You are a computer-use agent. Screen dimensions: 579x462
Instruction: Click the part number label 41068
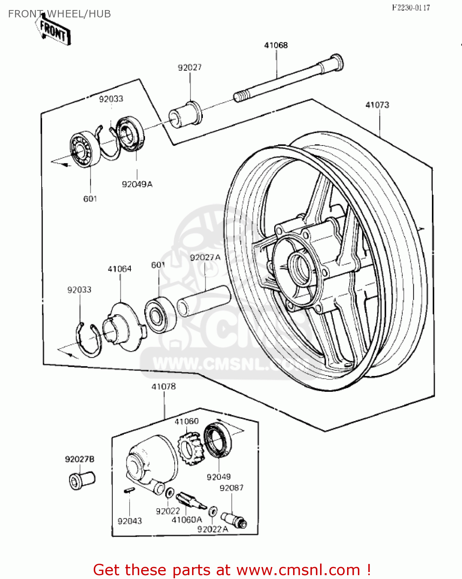click(x=276, y=45)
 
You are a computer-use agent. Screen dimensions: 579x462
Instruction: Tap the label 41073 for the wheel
click(x=377, y=105)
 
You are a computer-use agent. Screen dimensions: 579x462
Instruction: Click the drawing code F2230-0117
click(x=411, y=8)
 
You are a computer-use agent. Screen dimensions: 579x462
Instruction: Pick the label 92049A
click(x=137, y=185)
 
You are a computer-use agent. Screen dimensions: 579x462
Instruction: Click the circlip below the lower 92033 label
click(x=89, y=340)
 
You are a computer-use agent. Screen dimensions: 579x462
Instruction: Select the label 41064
click(x=120, y=269)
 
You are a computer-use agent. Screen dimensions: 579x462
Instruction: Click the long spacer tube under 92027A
click(x=204, y=301)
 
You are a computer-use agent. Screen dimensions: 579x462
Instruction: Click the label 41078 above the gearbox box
click(x=164, y=386)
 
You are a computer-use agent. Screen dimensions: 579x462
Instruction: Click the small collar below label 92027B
click(x=81, y=480)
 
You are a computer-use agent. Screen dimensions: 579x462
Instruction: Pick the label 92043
click(x=130, y=521)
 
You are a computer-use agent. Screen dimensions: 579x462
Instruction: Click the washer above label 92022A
click(x=212, y=512)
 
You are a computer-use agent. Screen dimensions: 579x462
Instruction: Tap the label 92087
click(x=231, y=488)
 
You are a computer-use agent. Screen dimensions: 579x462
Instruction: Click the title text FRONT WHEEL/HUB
click(x=59, y=14)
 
